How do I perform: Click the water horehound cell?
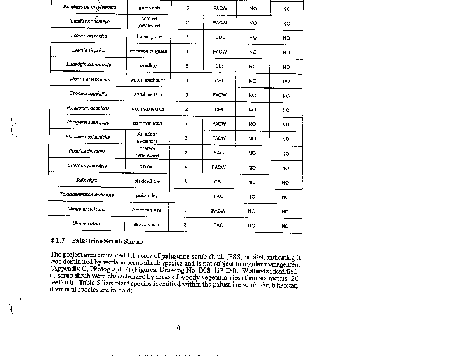[x=147, y=80]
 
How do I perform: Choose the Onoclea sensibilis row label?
[x=88, y=94]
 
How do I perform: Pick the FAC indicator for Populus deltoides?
[x=218, y=152]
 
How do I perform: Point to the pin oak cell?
[x=147, y=167]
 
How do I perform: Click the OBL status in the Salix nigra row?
[x=219, y=181]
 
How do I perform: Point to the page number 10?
[x=176, y=327]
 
